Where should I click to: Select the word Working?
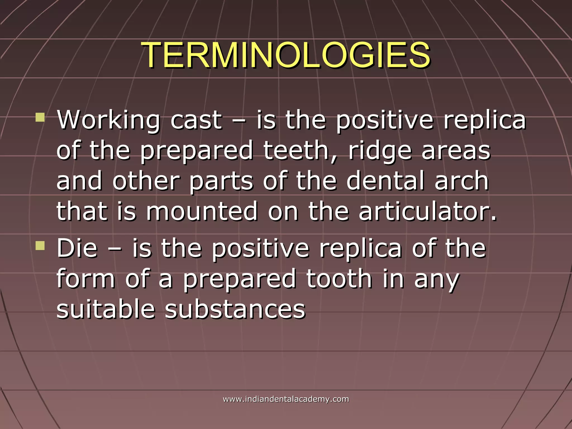(x=108, y=121)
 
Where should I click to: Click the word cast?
(x=196, y=121)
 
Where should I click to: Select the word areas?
(x=456, y=151)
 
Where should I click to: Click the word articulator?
(x=427, y=211)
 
